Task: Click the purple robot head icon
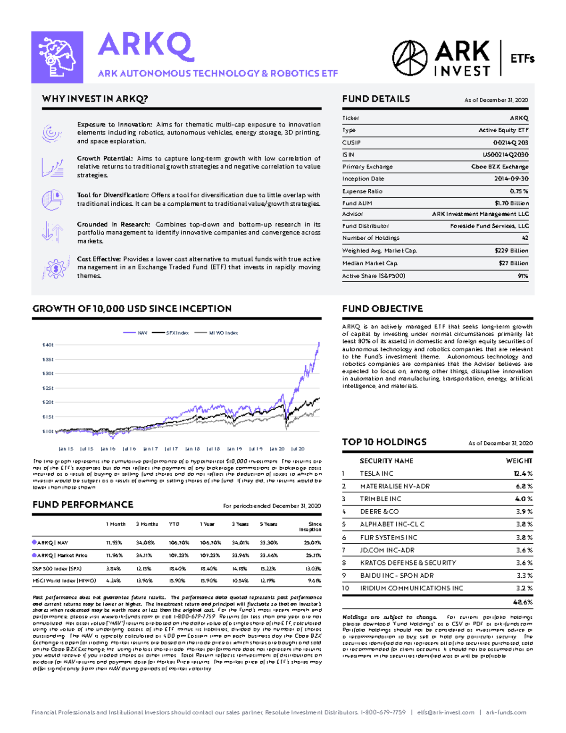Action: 57,57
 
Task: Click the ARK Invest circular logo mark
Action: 409,58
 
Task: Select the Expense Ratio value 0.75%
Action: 519,191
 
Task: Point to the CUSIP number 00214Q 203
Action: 510,143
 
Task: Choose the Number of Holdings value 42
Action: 524,238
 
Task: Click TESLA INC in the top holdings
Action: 376,473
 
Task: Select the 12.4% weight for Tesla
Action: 523,473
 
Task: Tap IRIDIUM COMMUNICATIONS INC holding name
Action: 411,588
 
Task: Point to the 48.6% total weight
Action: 523,602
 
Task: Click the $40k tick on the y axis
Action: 48,345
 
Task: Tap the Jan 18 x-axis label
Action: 192,449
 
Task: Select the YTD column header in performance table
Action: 174,524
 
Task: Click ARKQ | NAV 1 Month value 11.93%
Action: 114,543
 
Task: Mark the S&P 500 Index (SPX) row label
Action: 57,569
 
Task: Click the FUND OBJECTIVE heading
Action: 382,309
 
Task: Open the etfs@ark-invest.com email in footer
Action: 445,712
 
